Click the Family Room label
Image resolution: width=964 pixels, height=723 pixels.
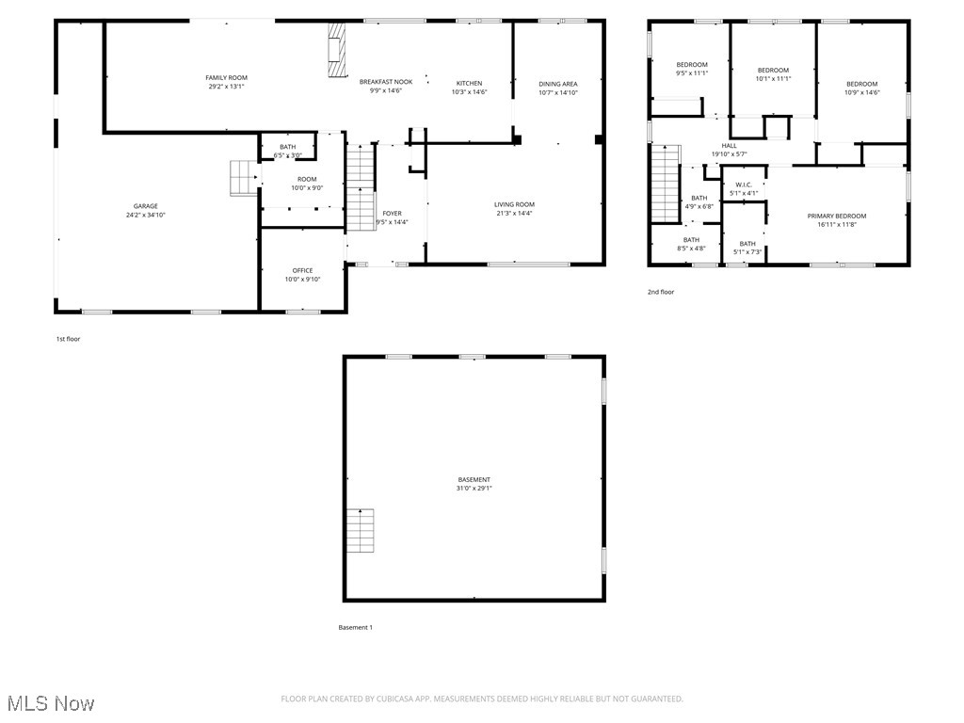point(226,77)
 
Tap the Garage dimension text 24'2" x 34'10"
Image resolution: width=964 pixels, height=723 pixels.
point(145,216)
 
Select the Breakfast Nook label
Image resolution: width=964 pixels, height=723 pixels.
point(385,82)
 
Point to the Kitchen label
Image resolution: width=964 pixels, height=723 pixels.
point(469,83)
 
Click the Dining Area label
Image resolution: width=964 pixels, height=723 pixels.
point(557,84)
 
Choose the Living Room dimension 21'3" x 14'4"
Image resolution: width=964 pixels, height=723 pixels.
point(514,214)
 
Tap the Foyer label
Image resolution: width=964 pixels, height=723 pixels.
point(392,214)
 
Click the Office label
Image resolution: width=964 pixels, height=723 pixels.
point(302,270)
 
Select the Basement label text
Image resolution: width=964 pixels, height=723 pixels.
point(474,479)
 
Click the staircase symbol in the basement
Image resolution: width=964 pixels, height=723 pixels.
point(361,531)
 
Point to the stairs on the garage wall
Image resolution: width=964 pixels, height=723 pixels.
point(243,178)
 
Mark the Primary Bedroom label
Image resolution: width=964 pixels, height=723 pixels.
point(836,216)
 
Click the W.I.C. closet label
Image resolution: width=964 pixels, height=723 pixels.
point(743,185)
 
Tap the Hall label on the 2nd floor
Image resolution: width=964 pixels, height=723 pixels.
point(729,145)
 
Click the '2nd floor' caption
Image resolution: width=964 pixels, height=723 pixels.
point(660,292)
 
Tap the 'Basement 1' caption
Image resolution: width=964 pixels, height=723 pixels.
point(356,627)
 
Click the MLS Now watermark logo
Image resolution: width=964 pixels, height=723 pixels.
point(51,703)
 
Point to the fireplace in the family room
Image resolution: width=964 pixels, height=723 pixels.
point(336,55)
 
